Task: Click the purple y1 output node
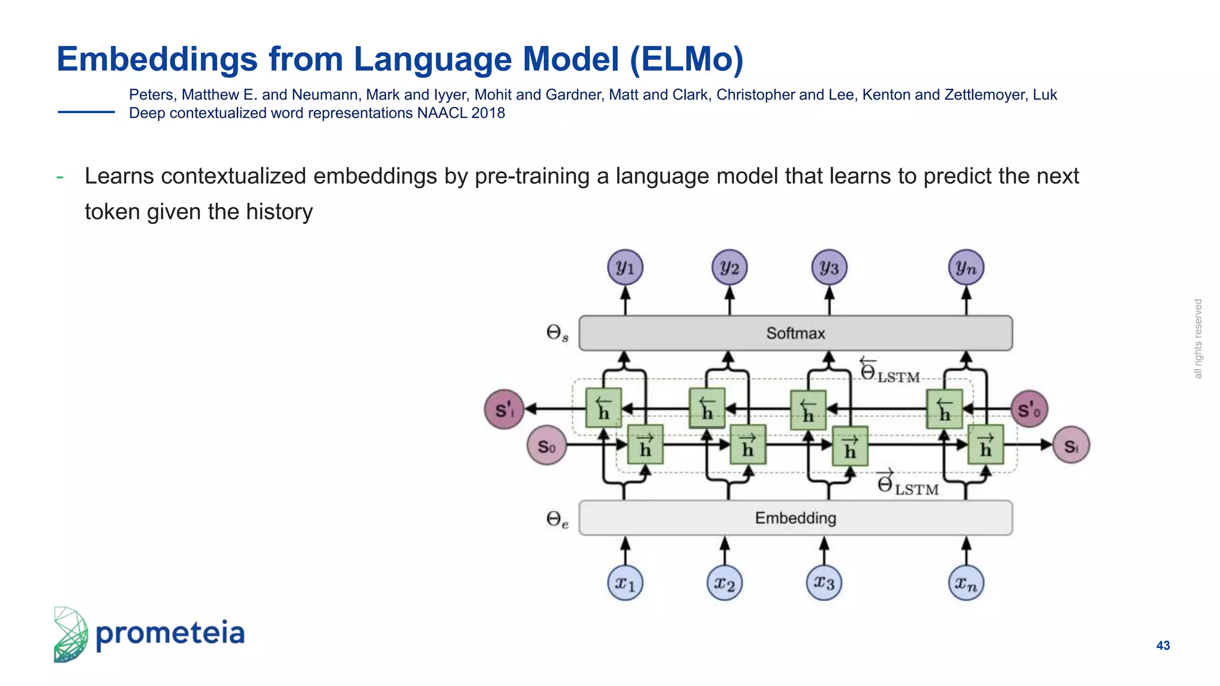(625, 267)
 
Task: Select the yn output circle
(966, 267)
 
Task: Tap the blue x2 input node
(724, 583)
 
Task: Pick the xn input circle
(966, 583)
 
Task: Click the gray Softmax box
(795, 333)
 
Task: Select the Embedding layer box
(795, 517)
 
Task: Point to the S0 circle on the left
(546, 445)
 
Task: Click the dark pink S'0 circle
(1029, 409)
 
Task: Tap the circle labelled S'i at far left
(504, 409)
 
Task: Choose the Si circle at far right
(1071, 445)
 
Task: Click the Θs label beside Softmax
(557, 333)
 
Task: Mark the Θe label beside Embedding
(557, 519)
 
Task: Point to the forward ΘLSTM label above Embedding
(907, 484)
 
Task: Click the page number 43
(1163, 646)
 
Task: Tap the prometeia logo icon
(70, 634)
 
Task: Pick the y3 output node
(829, 267)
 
